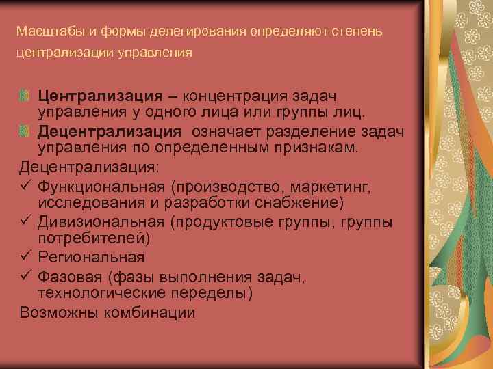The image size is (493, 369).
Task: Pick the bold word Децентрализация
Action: click(x=110, y=131)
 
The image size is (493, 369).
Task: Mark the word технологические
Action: click(x=103, y=292)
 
